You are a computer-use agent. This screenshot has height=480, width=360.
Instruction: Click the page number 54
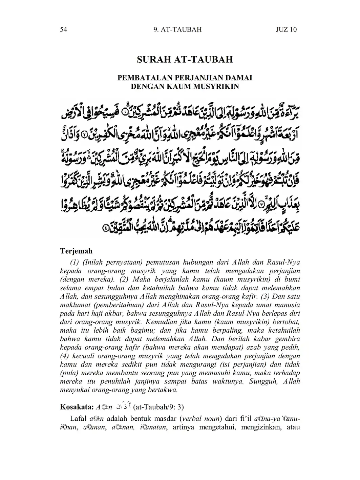(x=64, y=29)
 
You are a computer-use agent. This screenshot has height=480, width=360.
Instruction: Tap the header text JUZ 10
(x=286, y=29)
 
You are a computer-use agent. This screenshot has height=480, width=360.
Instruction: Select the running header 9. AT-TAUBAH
(x=177, y=29)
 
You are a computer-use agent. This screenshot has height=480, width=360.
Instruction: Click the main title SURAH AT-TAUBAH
(x=185, y=60)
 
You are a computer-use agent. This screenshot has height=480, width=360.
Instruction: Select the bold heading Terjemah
(x=76, y=251)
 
